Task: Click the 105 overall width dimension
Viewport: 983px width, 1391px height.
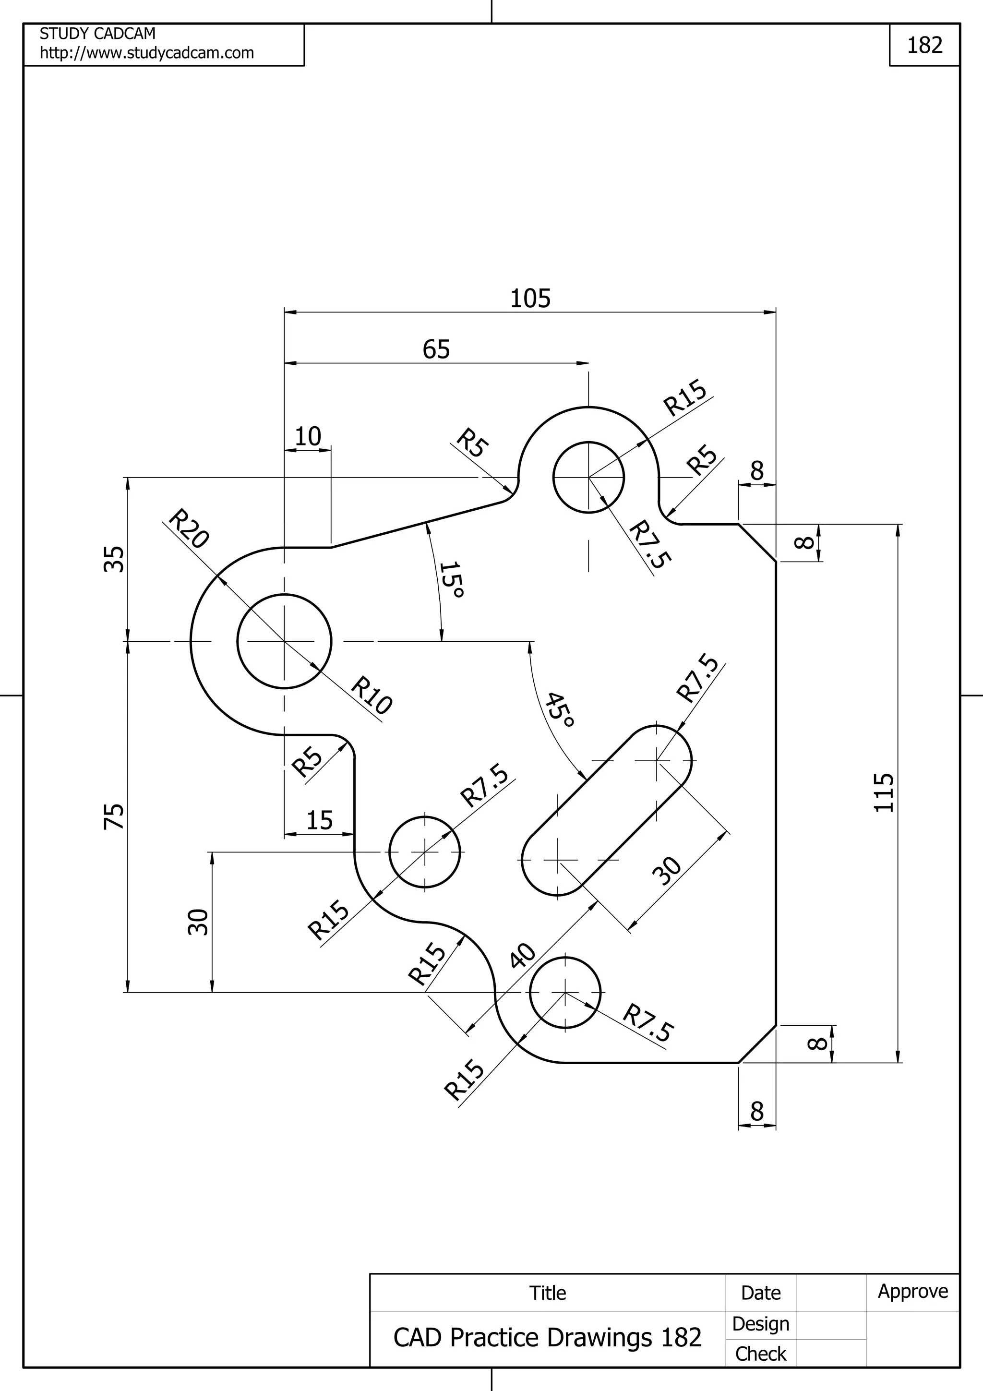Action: click(530, 299)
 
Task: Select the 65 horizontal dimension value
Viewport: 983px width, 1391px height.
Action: click(436, 349)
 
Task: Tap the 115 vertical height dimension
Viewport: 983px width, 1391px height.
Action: click(884, 792)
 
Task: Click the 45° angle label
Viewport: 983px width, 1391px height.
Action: click(558, 709)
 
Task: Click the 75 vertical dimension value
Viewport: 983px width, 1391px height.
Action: click(114, 816)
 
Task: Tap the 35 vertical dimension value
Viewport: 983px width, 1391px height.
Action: click(114, 559)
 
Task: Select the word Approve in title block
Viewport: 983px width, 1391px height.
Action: click(913, 1291)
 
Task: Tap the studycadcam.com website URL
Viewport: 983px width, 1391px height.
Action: click(146, 53)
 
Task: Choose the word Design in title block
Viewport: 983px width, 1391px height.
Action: click(760, 1324)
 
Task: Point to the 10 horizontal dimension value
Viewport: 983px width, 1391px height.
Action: click(308, 437)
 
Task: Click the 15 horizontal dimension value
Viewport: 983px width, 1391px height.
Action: click(319, 821)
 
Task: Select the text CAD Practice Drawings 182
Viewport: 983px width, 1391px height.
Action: click(547, 1338)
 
